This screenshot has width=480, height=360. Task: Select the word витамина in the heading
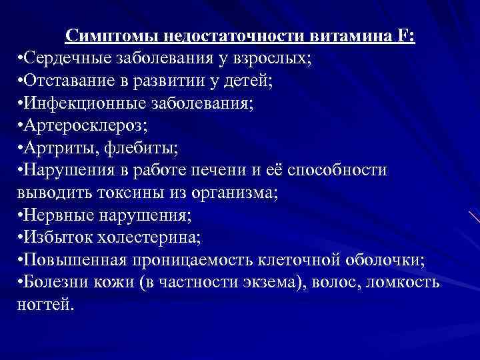353,36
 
